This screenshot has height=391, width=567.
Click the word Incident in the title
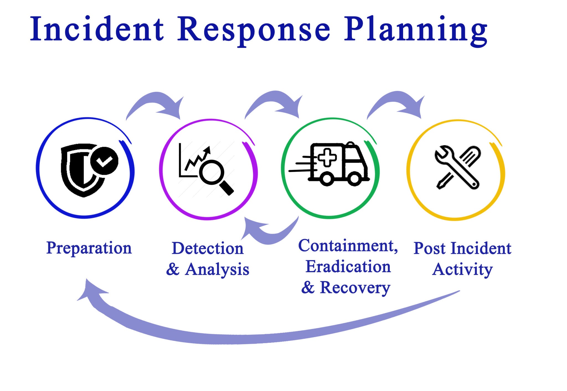tap(97, 29)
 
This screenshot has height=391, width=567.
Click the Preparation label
tap(89, 248)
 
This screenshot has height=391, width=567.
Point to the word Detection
tap(208, 248)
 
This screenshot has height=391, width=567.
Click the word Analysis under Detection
tap(217, 269)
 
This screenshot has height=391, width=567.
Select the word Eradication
tap(348, 267)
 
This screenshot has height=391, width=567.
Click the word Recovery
tap(355, 288)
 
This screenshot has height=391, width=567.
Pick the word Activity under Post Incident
tap(462, 269)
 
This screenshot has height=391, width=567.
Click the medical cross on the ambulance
tap(327, 158)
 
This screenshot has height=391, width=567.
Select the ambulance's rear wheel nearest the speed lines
tap(327, 179)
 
